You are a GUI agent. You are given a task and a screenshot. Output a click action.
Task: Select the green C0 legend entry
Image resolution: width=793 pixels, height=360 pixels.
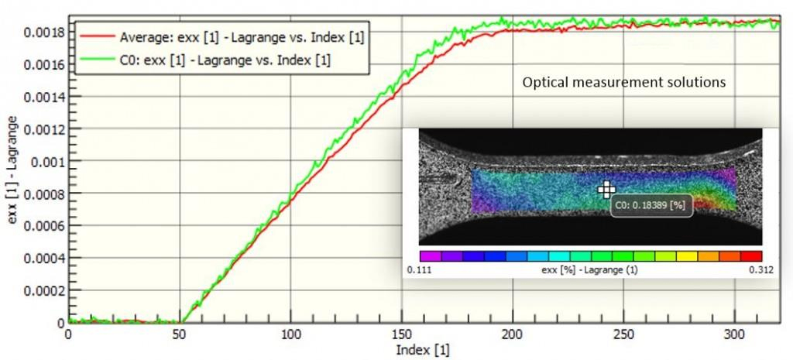[225, 59]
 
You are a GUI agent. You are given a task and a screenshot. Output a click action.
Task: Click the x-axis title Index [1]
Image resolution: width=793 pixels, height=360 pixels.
[422, 350]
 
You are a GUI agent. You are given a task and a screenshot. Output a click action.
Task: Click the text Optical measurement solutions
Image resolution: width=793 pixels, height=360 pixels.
[624, 81]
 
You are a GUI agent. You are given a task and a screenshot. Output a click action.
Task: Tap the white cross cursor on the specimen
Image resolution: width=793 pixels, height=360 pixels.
[606, 190]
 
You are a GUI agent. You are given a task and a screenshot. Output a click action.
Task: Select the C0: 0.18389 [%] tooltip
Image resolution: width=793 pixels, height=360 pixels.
[651, 206]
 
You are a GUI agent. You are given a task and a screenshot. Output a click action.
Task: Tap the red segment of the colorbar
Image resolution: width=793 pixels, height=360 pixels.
[751, 255]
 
